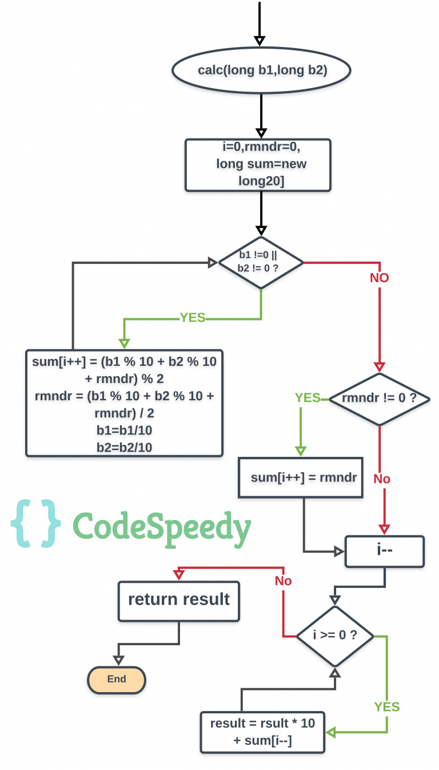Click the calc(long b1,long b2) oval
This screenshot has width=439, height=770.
coord(262,70)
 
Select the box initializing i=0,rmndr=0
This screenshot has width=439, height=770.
coord(258,164)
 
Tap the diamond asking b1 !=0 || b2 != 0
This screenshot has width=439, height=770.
coord(261,263)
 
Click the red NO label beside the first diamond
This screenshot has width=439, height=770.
coord(380,278)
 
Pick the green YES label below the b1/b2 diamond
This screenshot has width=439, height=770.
coord(193,318)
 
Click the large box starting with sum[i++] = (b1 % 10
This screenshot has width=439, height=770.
coord(124,402)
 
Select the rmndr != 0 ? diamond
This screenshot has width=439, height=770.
coord(380,398)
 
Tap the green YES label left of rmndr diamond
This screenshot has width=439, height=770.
coord(308,397)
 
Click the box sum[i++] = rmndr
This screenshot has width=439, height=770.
coord(301,477)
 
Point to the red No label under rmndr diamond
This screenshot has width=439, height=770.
coord(382,479)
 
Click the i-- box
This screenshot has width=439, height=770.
coord(384,551)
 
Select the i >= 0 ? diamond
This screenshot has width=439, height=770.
coord(335,635)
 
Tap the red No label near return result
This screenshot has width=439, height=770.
coord(283,581)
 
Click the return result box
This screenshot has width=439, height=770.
coord(179,601)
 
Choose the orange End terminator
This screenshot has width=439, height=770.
coord(117,680)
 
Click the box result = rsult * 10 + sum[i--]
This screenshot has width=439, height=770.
coord(262,732)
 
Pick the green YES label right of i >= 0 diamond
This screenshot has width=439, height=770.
coord(387,706)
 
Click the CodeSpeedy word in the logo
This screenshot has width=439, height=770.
coord(162,526)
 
